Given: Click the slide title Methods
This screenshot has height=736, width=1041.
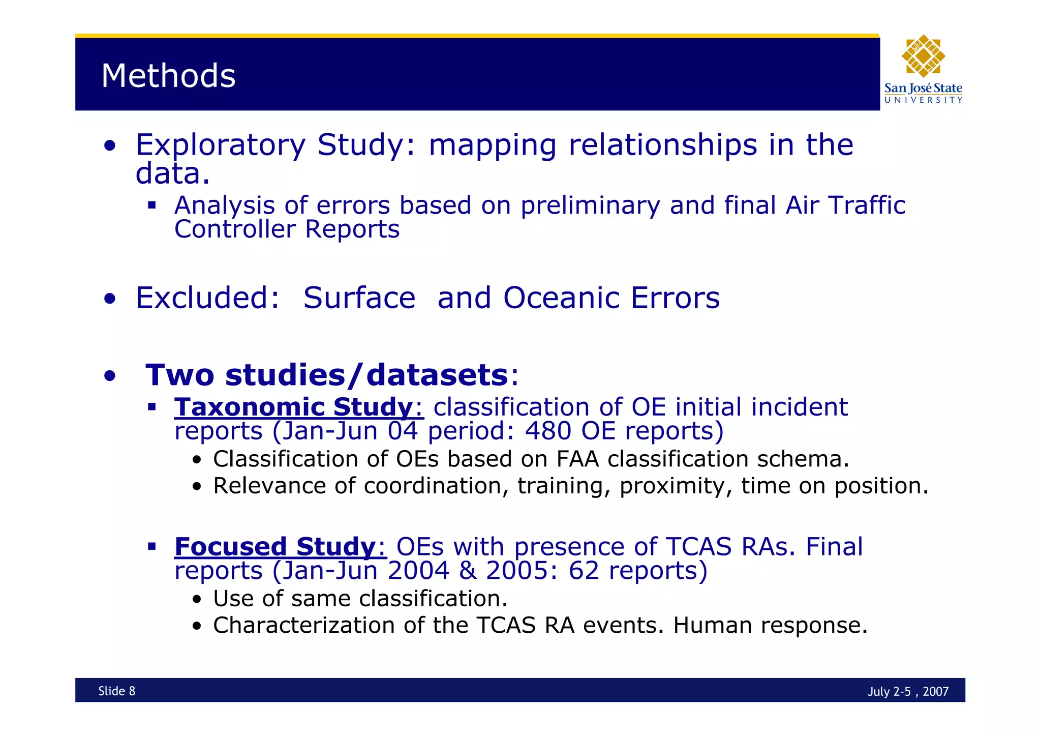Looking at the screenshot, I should [168, 76].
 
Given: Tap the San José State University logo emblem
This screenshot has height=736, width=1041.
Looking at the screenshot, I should [923, 56].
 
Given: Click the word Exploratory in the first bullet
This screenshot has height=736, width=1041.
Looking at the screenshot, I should [220, 145].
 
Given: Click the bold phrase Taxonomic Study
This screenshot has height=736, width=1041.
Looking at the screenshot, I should [293, 407].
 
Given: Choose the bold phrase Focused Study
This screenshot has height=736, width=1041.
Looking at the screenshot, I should [274, 547].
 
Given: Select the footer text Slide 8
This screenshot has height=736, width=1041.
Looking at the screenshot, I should [117, 691].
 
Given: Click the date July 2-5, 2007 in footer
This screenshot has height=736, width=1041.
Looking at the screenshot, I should [908, 691].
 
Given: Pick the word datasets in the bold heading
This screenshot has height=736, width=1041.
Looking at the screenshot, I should [437, 375].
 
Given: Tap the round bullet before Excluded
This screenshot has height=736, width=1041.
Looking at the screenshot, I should [109, 299].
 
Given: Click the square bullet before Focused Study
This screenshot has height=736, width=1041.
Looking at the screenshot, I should [151, 547].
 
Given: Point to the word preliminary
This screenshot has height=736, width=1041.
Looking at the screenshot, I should [590, 206].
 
